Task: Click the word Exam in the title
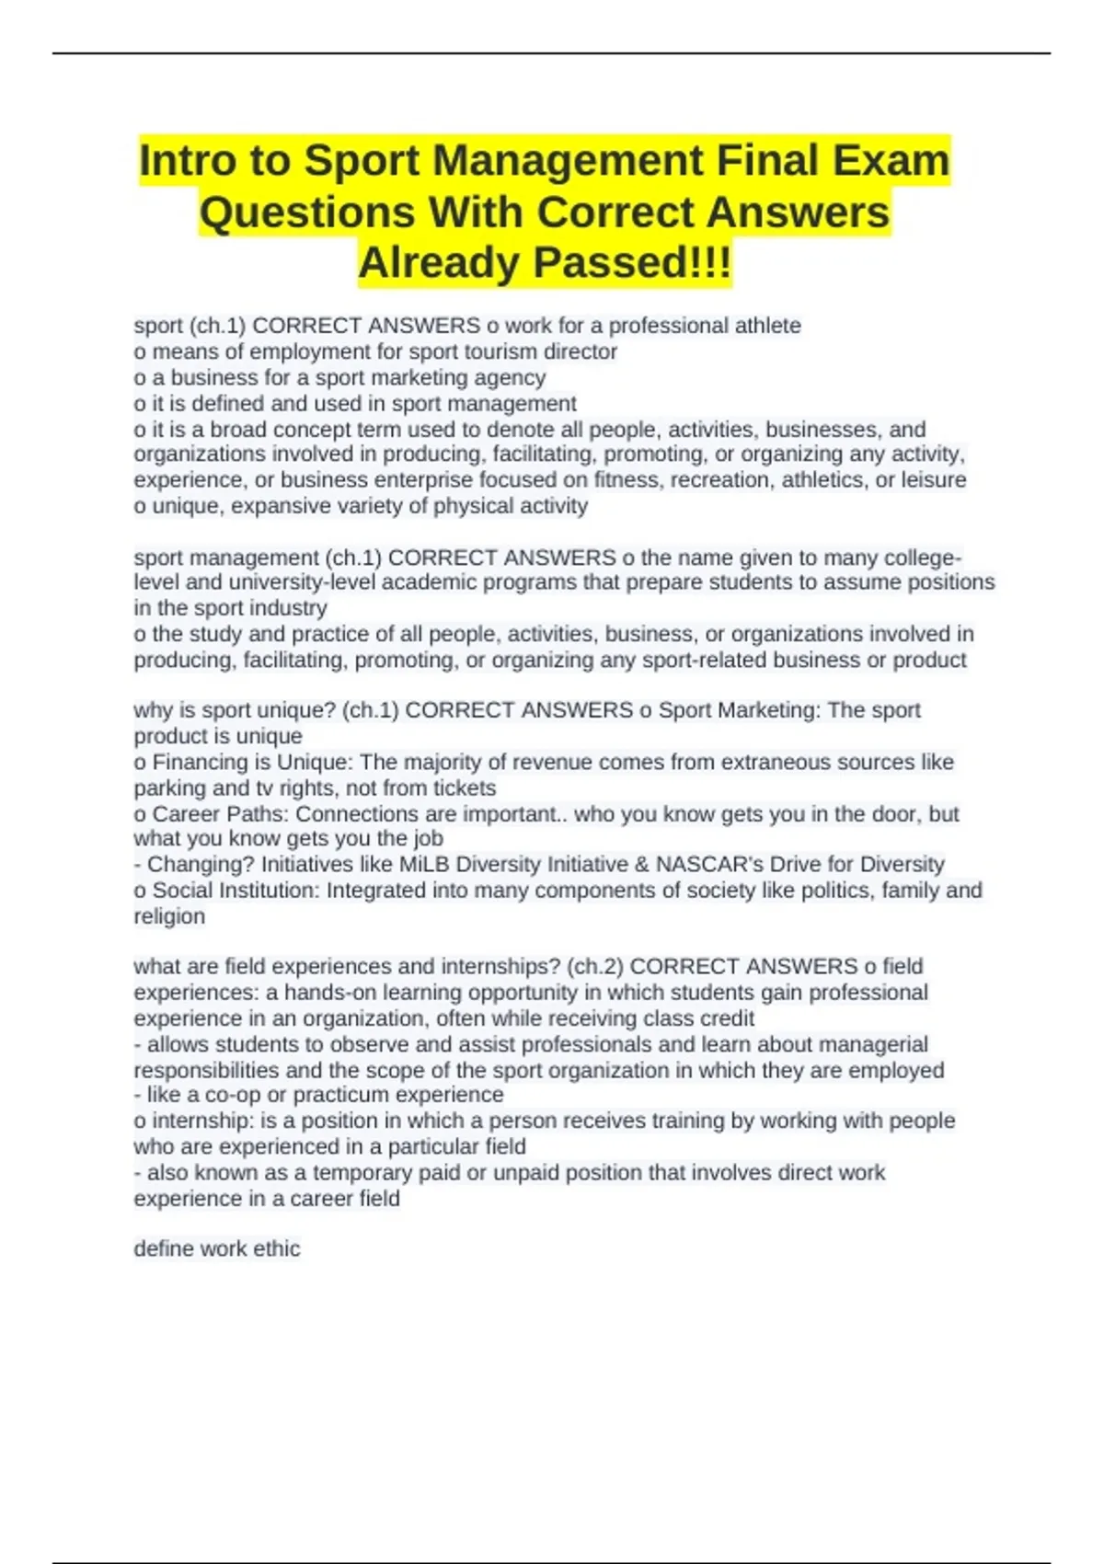891,160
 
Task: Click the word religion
169,916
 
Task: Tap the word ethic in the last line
277,1248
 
